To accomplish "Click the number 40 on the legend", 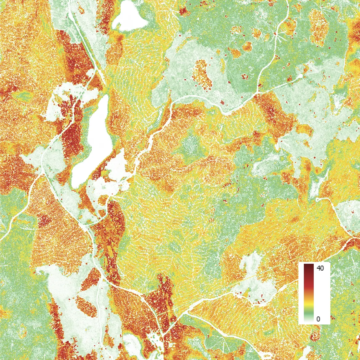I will tap(320, 268).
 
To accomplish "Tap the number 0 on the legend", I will tap(318, 319).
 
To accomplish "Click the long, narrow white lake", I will tap(91, 142).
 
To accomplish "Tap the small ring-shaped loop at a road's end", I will tap(317, 200).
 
